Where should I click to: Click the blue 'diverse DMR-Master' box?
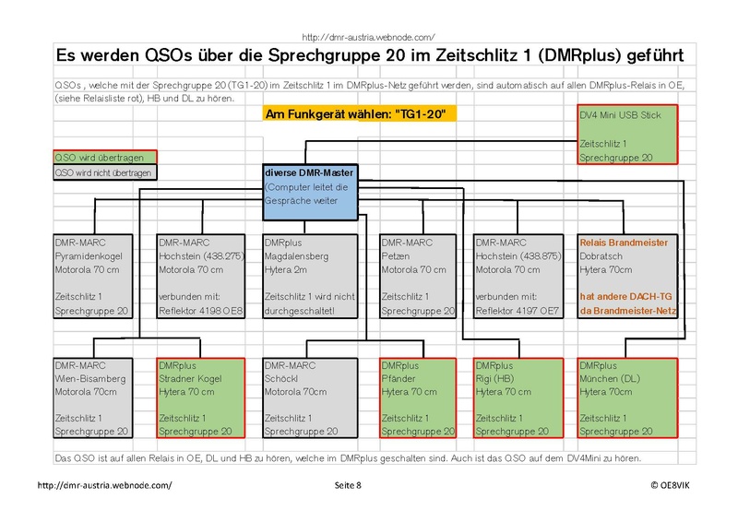310,192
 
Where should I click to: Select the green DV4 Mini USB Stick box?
627,135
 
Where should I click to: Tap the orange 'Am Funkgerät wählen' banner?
360,114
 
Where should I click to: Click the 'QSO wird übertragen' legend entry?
105,157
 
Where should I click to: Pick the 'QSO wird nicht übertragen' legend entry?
105,172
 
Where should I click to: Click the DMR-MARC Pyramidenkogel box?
93,277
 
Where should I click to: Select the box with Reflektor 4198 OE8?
201,277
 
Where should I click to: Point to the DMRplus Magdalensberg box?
310,277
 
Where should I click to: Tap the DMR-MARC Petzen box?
418,277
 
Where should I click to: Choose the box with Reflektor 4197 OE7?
518,277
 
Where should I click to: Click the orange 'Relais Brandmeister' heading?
624,243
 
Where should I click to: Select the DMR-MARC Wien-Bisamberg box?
93,398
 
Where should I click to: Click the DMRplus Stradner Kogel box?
201,398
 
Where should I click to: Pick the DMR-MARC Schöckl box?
310,398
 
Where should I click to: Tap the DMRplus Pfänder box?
418,398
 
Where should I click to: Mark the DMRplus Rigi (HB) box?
518,398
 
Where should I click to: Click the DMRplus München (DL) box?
627,398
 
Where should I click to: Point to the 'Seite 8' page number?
348,485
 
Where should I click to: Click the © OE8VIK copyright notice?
671,485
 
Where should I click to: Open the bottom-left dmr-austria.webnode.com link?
104,485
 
